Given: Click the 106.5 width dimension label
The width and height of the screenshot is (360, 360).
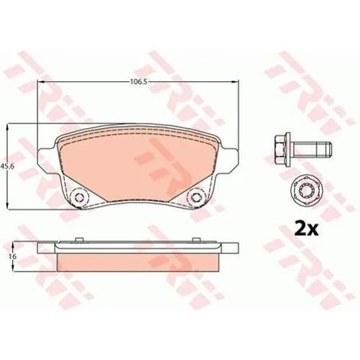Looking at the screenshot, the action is tap(138, 81).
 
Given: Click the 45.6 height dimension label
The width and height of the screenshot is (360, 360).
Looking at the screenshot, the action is tap(5, 166).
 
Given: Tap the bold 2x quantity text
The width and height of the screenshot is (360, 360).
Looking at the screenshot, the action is tap(306, 230).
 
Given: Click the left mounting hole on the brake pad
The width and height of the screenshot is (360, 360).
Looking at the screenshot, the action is tap(78, 197).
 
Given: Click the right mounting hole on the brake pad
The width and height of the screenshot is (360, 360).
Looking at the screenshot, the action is tap(195, 197).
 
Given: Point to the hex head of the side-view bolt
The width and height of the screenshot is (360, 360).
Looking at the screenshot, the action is tap(283, 148).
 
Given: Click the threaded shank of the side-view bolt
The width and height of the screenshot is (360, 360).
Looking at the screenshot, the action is tap(312, 148).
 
